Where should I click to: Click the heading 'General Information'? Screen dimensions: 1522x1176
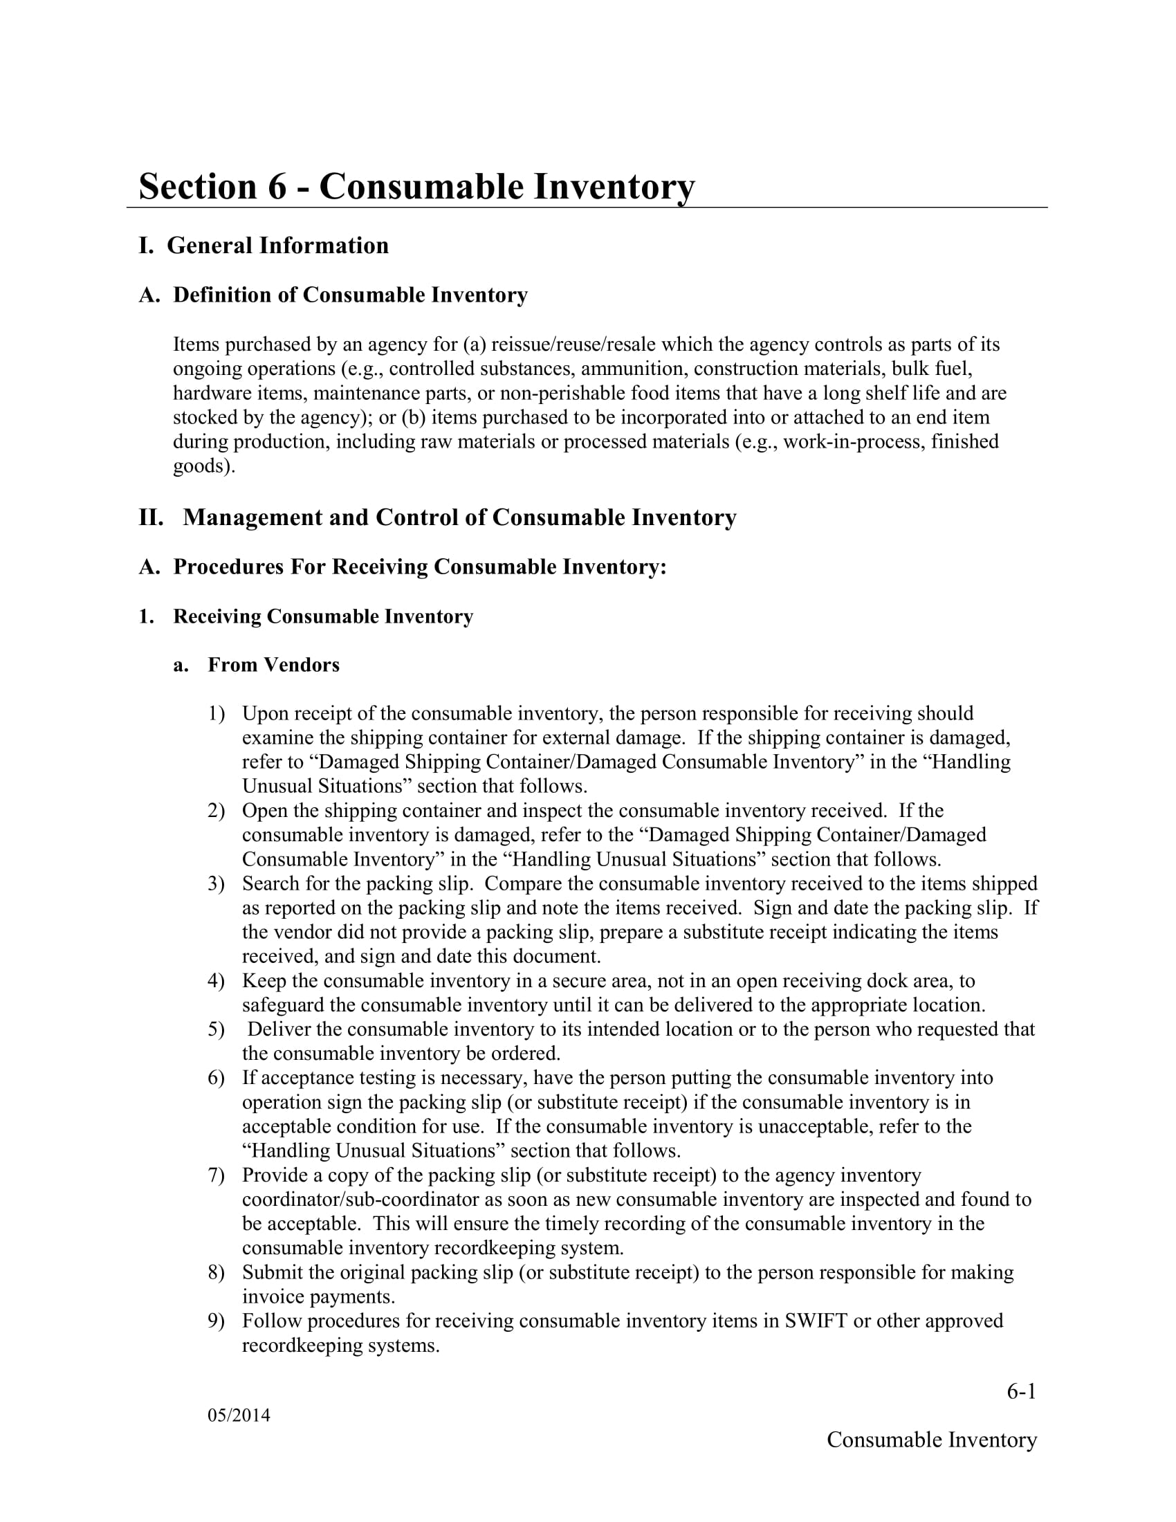[x=277, y=246]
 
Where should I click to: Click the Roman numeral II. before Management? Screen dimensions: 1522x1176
[x=151, y=517]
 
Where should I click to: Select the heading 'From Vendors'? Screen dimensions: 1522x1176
[x=273, y=665]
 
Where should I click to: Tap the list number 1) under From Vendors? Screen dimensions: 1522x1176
[x=216, y=714]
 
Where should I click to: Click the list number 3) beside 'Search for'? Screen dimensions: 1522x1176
[x=216, y=883]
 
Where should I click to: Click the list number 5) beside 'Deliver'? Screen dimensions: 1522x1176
[x=216, y=1029]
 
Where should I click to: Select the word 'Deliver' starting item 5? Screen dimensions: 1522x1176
[x=278, y=1029]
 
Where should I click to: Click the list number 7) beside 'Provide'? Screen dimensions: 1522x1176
[x=216, y=1175]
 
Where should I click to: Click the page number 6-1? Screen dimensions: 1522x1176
[x=1020, y=1392]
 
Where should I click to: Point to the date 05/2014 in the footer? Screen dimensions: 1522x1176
[x=238, y=1415]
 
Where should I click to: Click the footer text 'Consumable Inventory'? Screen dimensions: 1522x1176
[x=932, y=1440]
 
